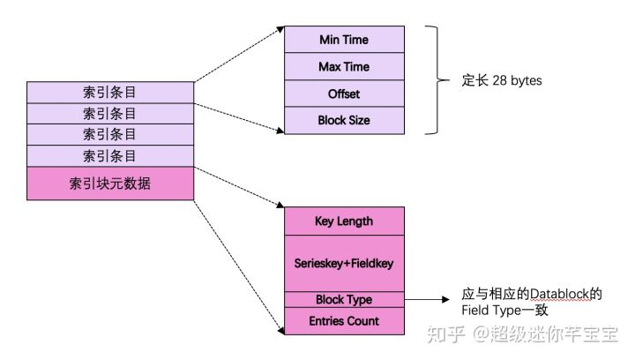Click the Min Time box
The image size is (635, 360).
[x=344, y=40]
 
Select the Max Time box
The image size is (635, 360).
[x=344, y=66]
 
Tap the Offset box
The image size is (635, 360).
[x=344, y=93]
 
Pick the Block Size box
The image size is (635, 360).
[x=344, y=120]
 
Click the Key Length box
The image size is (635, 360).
[x=344, y=221]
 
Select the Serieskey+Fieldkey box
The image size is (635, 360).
[x=344, y=262]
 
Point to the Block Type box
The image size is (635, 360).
[x=344, y=300]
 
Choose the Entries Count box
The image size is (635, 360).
[x=344, y=321]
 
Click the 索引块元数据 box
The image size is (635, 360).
[x=110, y=184]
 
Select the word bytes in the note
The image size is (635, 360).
[x=527, y=81]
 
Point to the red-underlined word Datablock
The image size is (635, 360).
[x=556, y=293]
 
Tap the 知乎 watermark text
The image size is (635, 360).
[x=441, y=335]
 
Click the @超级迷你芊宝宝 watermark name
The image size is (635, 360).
[x=547, y=335]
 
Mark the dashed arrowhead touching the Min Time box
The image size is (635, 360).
[x=280, y=29]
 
